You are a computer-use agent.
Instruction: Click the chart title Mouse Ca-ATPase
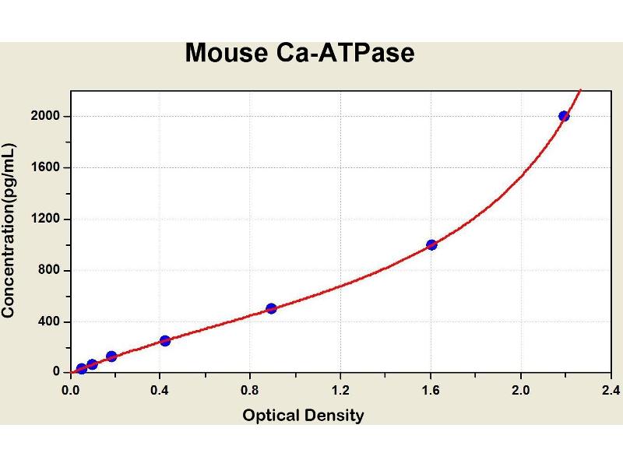[300, 53]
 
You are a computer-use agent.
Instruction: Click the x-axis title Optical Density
[303, 416]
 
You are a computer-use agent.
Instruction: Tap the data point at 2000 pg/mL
[564, 116]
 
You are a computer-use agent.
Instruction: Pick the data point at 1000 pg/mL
[431, 244]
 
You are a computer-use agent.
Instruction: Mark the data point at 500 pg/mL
[271, 308]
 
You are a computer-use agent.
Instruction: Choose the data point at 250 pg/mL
[165, 340]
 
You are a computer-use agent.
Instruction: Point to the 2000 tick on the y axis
[47, 116]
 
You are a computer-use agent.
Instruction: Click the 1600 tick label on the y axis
[47, 167]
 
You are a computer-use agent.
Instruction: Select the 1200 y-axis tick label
[47, 219]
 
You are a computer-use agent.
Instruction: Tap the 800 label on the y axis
[51, 270]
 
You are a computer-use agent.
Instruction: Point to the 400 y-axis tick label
[51, 321]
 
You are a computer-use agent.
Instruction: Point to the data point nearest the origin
[82, 369]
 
